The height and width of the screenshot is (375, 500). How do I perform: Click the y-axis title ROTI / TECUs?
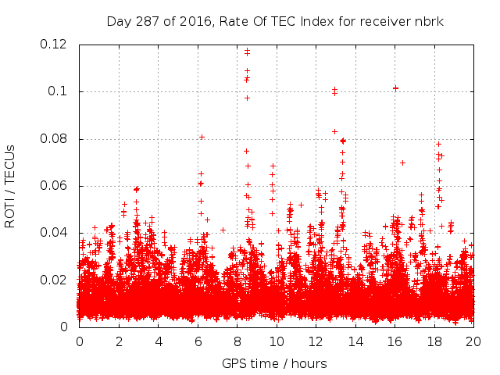click(10, 186)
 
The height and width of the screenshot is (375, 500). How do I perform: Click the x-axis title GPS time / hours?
click(274, 363)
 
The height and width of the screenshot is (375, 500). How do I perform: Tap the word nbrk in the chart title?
click(429, 21)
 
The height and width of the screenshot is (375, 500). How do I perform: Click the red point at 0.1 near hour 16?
click(395, 88)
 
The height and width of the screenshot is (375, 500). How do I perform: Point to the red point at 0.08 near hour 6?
click(202, 137)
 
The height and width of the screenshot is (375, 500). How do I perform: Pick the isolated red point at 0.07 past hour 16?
click(402, 162)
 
